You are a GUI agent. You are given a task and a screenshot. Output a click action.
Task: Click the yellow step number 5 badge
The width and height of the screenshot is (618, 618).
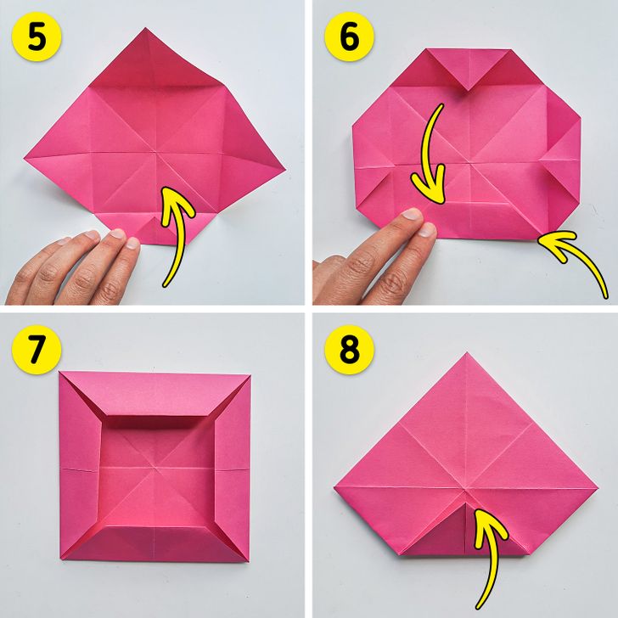pyautogui.click(x=37, y=37)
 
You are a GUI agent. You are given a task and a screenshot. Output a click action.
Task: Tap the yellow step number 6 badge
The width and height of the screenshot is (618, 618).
pyautogui.click(x=349, y=37)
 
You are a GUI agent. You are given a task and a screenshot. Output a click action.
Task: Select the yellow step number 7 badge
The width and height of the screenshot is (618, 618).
pyautogui.click(x=37, y=350)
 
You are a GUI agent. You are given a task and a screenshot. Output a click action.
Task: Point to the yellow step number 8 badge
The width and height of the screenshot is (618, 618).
pyautogui.click(x=349, y=350)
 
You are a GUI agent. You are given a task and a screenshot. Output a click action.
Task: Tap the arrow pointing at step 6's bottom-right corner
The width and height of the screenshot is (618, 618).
pyautogui.click(x=579, y=256)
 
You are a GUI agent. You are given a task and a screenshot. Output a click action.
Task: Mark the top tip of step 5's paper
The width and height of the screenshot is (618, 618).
pyautogui.click(x=145, y=28)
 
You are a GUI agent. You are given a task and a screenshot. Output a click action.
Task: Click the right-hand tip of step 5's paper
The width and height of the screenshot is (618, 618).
pyautogui.click(x=285, y=171)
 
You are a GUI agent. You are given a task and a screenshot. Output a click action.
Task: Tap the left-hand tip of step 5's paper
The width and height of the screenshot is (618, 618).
pyautogui.click(x=25, y=159)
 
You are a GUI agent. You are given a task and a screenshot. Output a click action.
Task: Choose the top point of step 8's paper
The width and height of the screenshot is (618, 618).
pyautogui.click(x=467, y=353)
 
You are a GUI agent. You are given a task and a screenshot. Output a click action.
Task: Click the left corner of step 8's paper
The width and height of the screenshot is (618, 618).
pyautogui.click(x=334, y=488)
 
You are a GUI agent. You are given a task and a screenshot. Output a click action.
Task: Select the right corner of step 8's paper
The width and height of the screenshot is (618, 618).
pyautogui.click(x=598, y=489)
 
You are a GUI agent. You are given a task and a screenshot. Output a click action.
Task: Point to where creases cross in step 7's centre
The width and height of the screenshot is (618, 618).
pyautogui.click(x=154, y=468)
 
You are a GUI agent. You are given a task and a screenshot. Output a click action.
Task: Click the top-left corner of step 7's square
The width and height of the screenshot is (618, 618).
pyautogui.click(x=59, y=372)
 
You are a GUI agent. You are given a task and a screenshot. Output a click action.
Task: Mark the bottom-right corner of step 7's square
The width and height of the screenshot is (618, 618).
pyautogui.click(x=249, y=561)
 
